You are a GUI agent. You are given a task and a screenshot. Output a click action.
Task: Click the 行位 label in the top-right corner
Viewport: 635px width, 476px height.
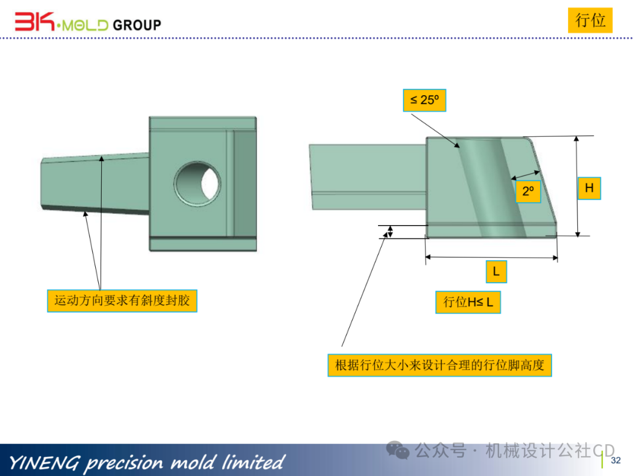point(590,21)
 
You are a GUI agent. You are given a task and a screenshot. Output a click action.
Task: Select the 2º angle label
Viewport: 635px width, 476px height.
point(527,191)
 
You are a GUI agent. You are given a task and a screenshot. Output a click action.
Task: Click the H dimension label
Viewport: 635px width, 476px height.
point(589,188)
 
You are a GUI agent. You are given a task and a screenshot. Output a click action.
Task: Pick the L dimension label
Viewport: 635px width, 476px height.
point(496,271)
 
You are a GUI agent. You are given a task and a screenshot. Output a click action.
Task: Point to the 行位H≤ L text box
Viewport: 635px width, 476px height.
point(468,302)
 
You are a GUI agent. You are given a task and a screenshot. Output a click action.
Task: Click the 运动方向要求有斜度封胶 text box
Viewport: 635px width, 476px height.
point(122,300)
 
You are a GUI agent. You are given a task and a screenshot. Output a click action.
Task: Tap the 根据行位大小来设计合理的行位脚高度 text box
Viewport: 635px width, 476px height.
point(440,365)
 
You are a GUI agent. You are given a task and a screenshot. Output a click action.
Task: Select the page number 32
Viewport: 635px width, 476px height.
point(616,460)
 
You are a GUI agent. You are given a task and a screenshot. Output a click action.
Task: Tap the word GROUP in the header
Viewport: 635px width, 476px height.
point(136,25)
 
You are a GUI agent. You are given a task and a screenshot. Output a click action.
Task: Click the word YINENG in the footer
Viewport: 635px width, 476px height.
point(44,462)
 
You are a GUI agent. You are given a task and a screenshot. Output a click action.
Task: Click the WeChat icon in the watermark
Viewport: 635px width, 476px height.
point(402,451)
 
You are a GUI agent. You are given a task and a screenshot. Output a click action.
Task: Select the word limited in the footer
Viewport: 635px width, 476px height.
point(253,462)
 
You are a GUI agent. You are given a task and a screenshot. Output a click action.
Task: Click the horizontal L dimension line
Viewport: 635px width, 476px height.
point(491,257)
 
